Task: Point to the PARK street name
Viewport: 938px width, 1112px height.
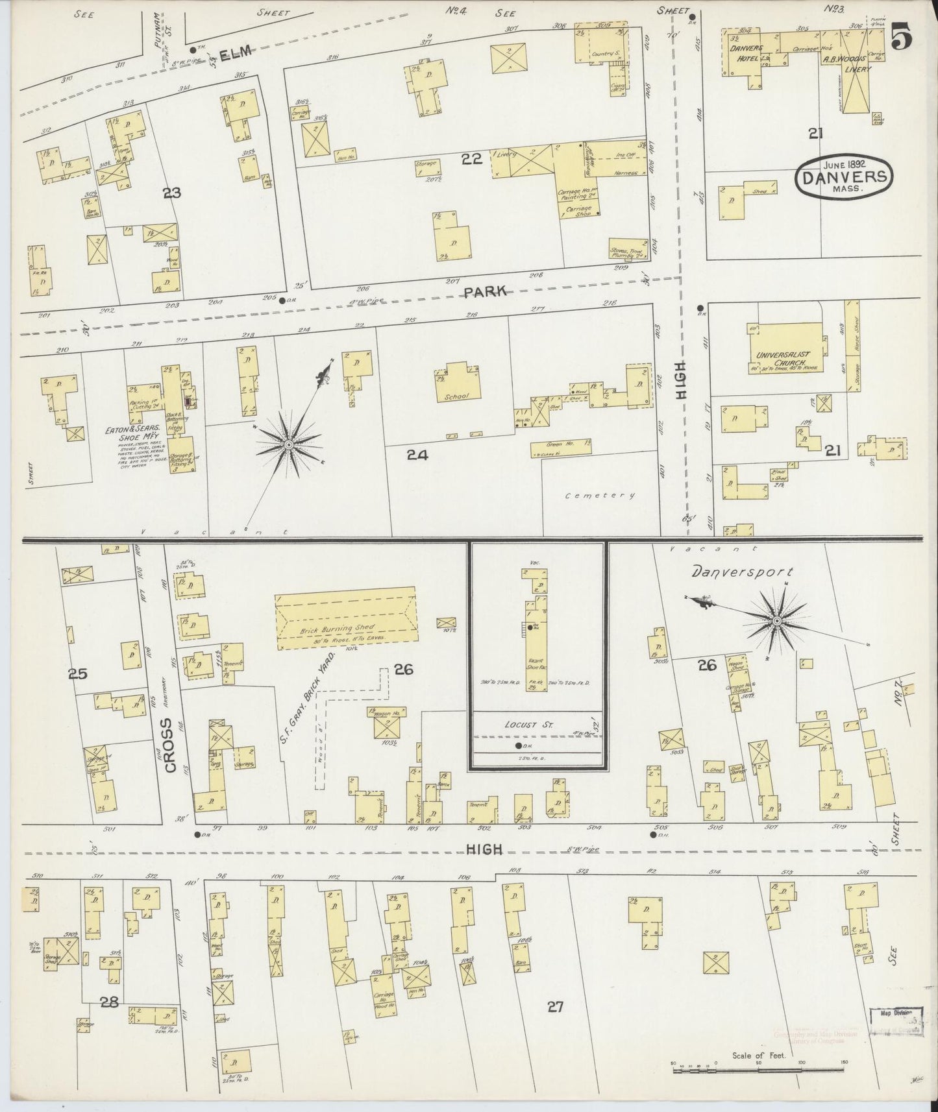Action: click(x=486, y=292)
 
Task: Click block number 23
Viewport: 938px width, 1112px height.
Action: click(x=172, y=193)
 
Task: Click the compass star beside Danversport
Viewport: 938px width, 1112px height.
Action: click(x=776, y=622)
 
